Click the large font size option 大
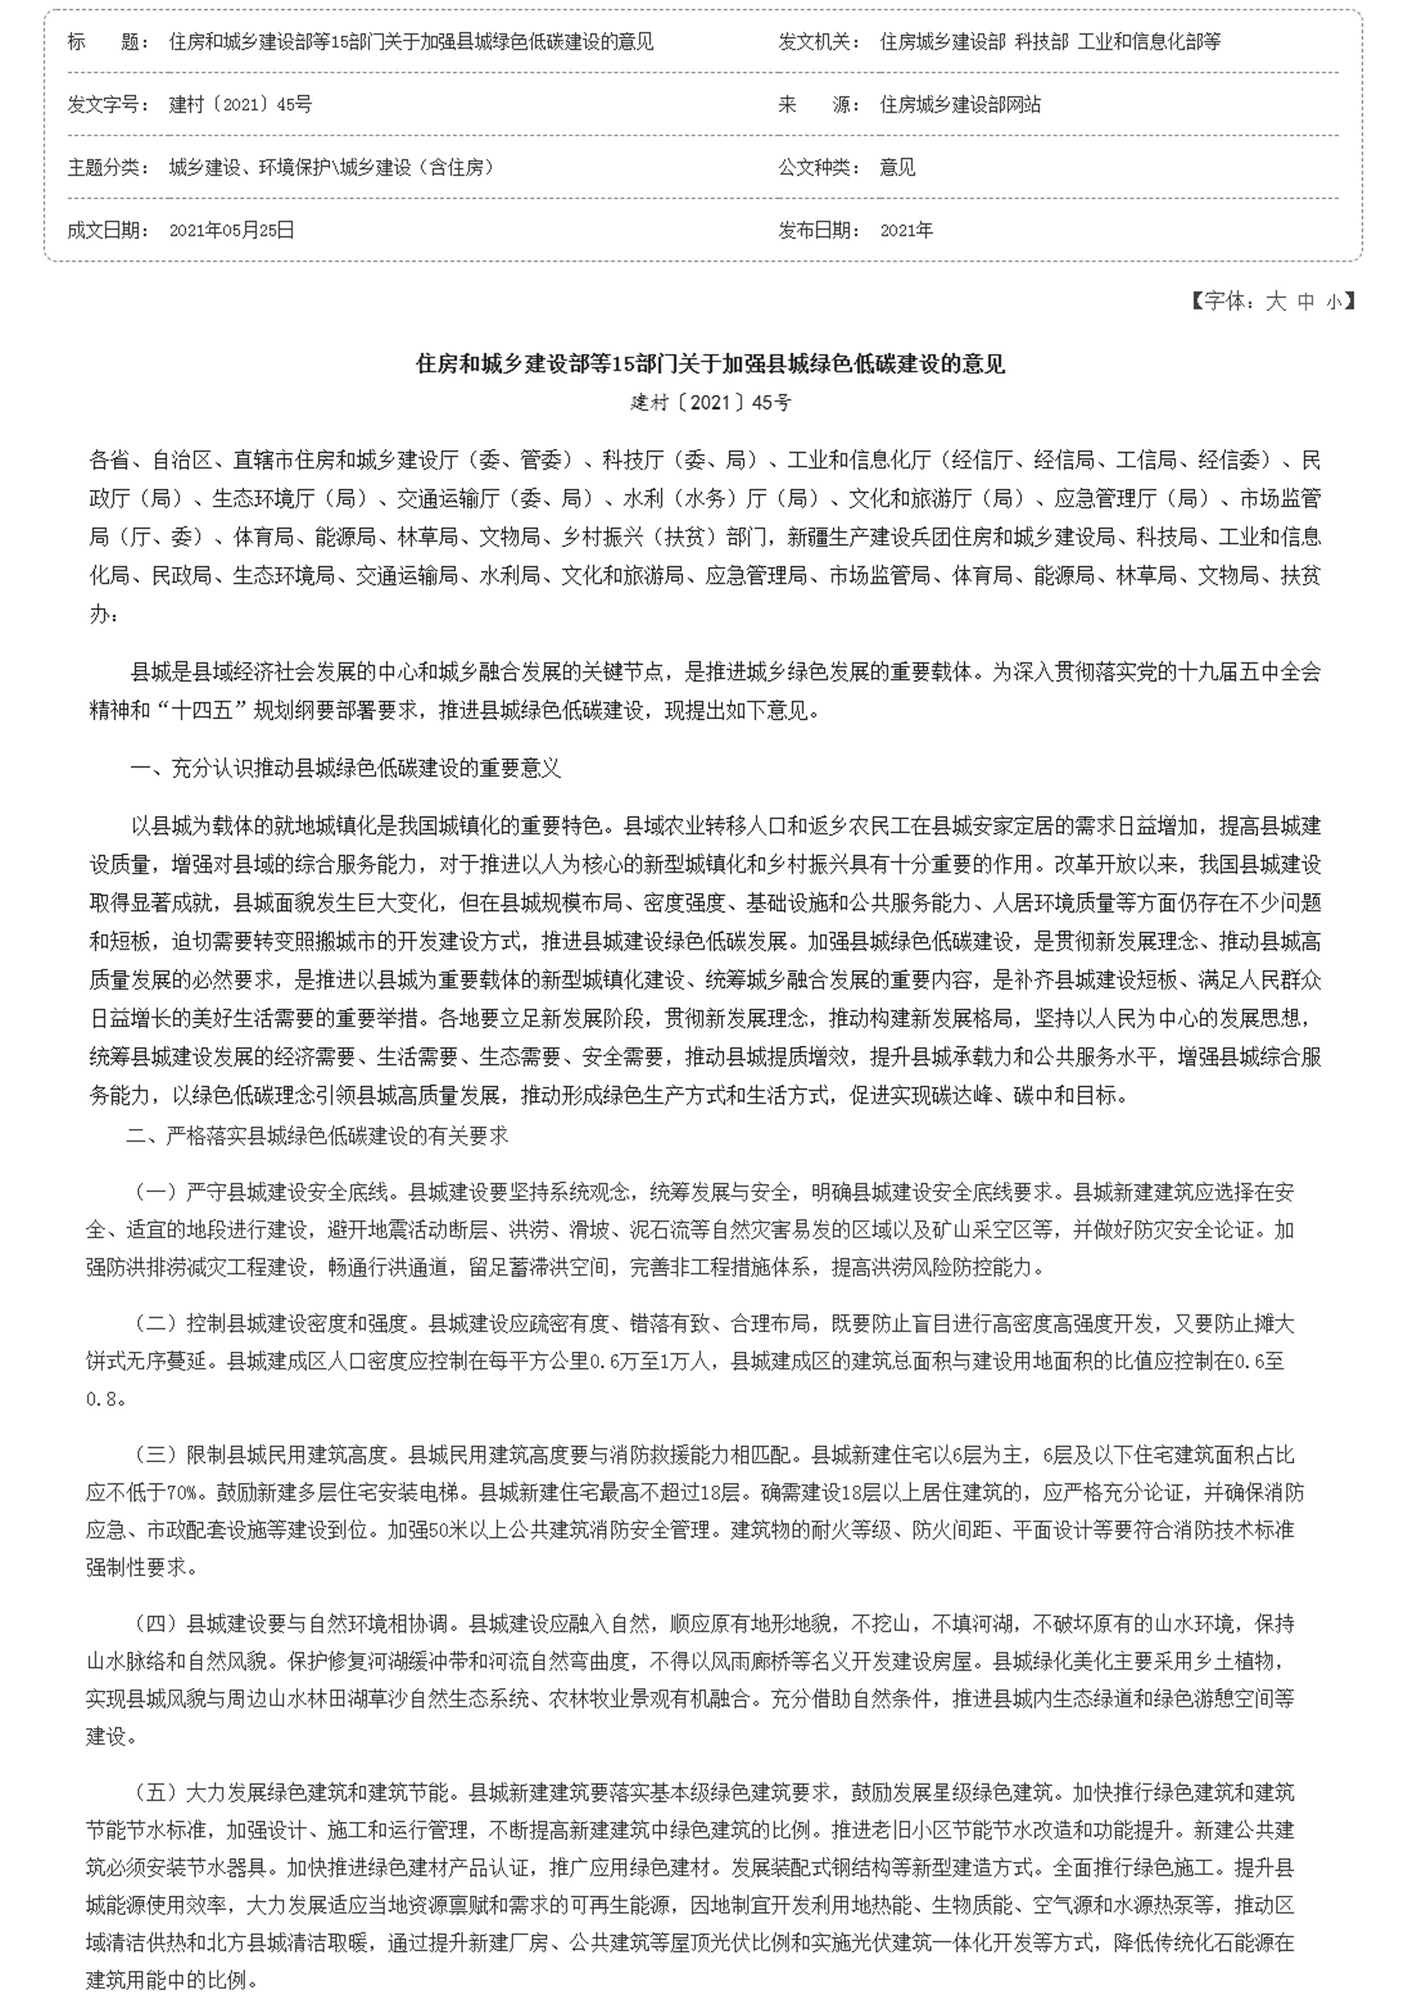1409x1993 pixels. pyautogui.click(x=1275, y=301)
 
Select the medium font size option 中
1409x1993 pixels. pyautogui.click(x=1306, y=301)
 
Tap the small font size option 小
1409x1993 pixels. pyautogui.click(x=1333, y=301)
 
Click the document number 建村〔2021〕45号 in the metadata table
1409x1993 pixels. pyautogui.click(x=240, y=104)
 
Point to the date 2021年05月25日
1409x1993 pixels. pyautogui.click(x=232, y=230)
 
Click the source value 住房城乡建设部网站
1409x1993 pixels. pyautogui.click(x=960, y=104)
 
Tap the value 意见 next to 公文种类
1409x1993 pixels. pyautogui.click(x=898, y=166)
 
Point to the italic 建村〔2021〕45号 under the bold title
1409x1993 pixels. pyautogui.click(x=710, y=403)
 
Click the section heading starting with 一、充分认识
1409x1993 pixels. pyautogui.click(x=345, y=768)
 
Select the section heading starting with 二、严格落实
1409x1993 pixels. pyautogui.click(x=318, y=1135)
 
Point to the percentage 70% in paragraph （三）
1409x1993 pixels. pyautogui.click(x=182, y=1492)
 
